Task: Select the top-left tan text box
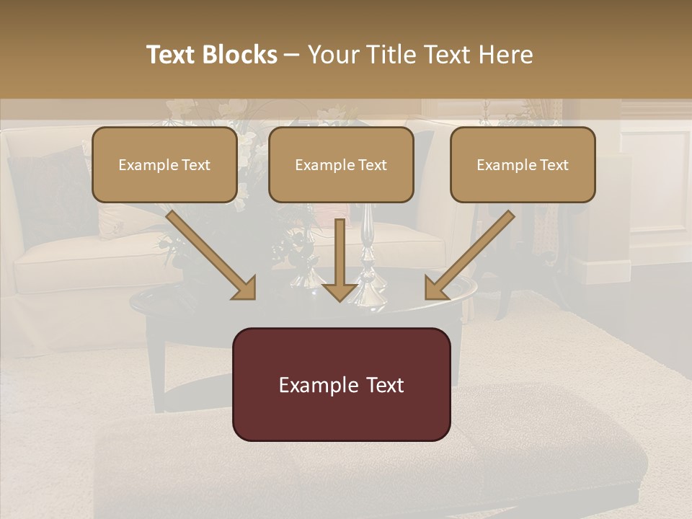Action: click(x=164, y=164)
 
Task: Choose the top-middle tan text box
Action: click(x=341, y=164)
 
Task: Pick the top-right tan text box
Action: click(x=523, y=164)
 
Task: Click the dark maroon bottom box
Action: click(x=342, y=384)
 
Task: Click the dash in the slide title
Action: click(x=292, y=55)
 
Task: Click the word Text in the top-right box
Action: click(x=554, y=165)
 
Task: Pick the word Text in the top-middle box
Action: click(x=372, y=165)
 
